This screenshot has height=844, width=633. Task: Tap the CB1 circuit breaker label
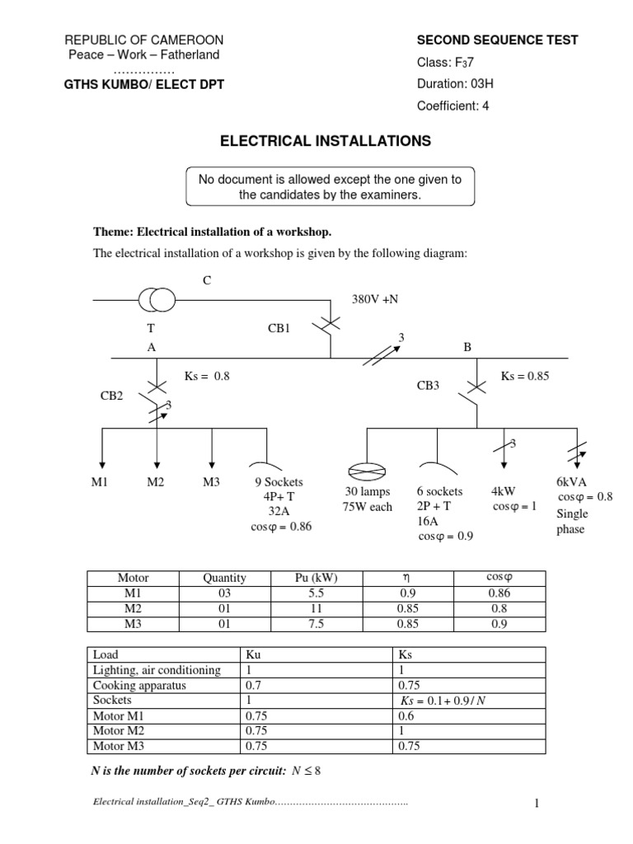click(x=280, y=328)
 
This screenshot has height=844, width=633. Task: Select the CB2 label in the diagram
click(x=111, y=396)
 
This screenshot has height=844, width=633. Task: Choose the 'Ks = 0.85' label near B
click(x=524, y=376)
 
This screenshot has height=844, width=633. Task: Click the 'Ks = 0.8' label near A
click(x=207, y=376)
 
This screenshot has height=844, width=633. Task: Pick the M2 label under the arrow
click(x=156, y=482)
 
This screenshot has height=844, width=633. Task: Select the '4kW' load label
click(x=503, y=491)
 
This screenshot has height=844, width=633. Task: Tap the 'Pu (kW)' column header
click(x=316, y=578)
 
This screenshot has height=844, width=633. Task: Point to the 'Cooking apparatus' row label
click(x=139, y=685)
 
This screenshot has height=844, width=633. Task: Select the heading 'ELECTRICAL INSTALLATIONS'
click(x=325, y=142)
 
